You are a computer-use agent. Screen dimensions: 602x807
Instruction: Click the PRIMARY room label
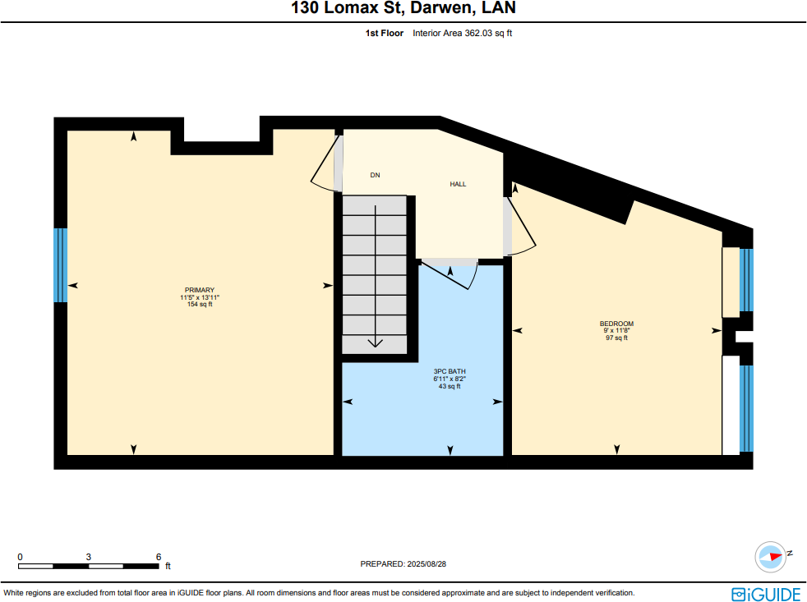(x=200, y=290)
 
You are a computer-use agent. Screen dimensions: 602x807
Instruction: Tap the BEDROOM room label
(x=616, y=324)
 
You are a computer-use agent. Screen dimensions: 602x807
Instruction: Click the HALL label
(x=458, y=184)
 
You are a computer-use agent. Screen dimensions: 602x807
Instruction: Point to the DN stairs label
(x=375, y=175)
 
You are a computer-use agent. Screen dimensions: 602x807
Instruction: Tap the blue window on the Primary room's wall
(x=60, y=265)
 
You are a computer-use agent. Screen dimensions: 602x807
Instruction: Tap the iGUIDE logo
(x=765, y=593)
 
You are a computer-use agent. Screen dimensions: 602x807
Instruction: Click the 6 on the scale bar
(x=159, y=556)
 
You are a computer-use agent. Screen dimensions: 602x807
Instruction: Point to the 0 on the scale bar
(x=20, y=556)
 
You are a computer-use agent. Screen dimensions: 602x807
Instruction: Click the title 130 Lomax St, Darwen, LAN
(x=403, y=10)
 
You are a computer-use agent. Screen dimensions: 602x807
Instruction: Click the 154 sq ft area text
(x=200, y=304)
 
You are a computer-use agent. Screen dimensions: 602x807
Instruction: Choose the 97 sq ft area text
(x=616, y=338)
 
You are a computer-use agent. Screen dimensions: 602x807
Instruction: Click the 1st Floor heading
(x=384, y=34)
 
